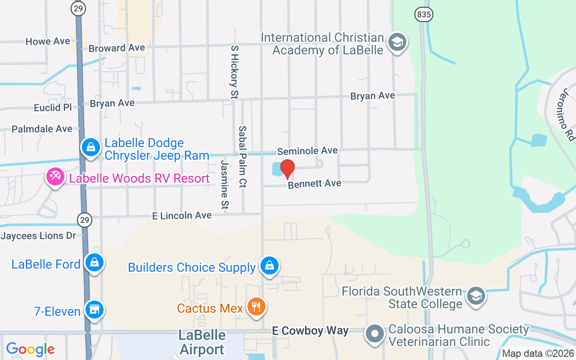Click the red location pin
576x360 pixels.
pos(287,169)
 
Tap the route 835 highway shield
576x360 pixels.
pos(423,14)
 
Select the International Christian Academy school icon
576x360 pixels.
pos(397,43)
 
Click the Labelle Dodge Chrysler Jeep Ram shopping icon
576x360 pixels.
pos(91,147)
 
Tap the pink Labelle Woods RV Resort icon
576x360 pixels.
pos(55,177)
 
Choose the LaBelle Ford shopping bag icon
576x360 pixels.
pos(94,262)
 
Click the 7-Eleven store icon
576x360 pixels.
pos(94,310)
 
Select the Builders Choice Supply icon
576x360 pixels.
pos(269,265)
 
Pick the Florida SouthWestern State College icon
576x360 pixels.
pos(475,296)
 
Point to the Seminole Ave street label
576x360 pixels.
pos(307,151)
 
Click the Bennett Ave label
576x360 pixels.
pos(315,184)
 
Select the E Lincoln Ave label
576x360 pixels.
pos(182,216)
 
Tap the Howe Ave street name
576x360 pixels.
pos(48,41)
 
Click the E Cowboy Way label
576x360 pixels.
pos(310,331)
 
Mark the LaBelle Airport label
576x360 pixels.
pos(202,342)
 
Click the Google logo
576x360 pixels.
pos(30,349)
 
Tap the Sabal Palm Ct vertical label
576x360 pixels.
pos(243,156)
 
